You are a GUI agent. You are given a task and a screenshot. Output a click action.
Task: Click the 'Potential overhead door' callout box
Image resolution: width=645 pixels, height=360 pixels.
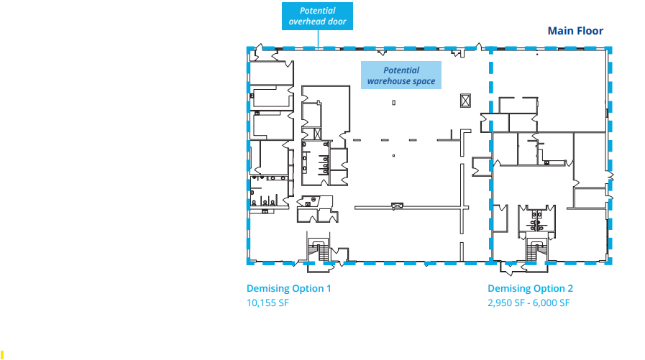[317, 17]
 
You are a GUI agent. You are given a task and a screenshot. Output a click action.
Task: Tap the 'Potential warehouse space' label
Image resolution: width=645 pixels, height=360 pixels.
[401, 76]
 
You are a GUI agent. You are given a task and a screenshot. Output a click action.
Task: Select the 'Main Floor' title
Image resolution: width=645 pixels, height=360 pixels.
[575, 31]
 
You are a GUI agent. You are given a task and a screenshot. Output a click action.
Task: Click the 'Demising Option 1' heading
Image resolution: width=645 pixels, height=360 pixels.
[289, 289]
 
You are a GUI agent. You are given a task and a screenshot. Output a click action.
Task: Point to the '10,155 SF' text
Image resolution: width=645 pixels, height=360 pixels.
[267, 303]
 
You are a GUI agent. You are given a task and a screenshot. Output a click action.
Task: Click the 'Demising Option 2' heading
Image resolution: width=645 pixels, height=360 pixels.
[531, 289]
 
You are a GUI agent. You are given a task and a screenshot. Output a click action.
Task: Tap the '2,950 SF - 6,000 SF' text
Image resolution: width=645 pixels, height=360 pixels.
[529, 303]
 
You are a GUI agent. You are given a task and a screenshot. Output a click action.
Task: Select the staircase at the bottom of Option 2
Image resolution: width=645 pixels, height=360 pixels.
[535, 250]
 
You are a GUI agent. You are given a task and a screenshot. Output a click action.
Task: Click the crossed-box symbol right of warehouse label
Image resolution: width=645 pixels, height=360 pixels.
[462, 100]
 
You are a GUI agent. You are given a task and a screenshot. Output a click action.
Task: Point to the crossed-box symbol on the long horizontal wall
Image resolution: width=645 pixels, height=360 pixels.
[395, 206]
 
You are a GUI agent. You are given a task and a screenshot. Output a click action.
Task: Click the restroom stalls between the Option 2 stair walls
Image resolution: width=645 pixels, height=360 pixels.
[536, 219]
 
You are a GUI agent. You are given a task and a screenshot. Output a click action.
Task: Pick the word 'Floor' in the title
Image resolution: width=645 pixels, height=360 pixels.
[589, 31]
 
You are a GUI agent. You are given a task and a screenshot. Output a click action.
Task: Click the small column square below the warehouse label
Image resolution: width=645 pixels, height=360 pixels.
[394, 103]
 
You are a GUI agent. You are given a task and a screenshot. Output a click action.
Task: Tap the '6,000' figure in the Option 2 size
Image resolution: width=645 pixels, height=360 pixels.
[543, 303]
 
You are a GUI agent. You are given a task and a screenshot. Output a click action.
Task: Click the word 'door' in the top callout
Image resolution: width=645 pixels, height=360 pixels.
[337, 22]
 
